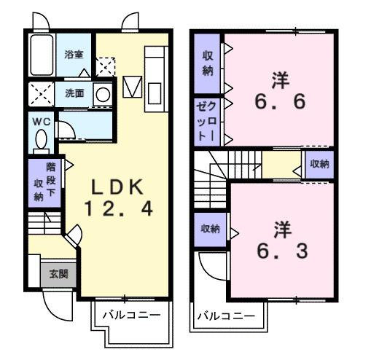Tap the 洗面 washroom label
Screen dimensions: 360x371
74,93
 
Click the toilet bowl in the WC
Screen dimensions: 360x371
41,138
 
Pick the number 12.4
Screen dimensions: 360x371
120,210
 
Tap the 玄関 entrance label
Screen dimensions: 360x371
59,274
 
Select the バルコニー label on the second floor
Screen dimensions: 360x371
225,316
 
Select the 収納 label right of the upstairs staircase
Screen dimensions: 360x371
319,164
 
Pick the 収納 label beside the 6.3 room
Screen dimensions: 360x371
210,229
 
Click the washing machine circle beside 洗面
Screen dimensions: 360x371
103,93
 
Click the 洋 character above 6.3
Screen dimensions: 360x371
282,228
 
